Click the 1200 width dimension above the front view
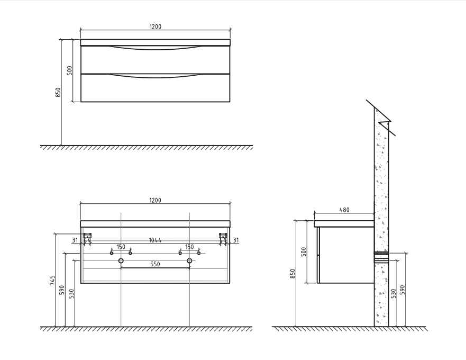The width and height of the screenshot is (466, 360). click(x=155, y=27)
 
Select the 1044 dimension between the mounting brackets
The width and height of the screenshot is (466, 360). click(x=155, y=240)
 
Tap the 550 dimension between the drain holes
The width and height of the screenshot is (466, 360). click(x=155, y=264)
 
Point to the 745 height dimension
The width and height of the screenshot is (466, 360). click(x=52, y=281)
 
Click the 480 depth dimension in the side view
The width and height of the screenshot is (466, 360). click(x=344, y=210)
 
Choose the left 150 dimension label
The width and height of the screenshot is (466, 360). click(x=121, y=247)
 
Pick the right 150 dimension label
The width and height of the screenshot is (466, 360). click(x=189, y=247)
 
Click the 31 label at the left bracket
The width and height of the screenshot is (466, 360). click(x=75, y=240)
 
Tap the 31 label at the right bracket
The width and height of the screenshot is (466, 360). click(x=236, y=240)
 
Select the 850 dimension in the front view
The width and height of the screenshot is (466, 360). click(x=58, y=92)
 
